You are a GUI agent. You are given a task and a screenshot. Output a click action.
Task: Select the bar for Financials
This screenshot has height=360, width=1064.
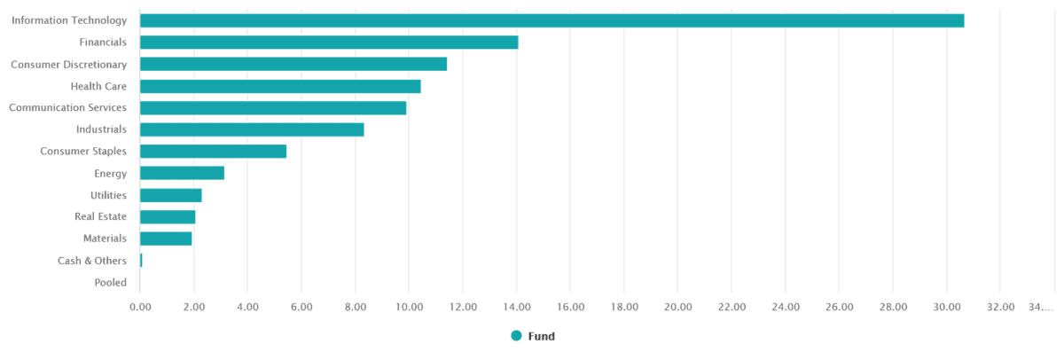[329, 42]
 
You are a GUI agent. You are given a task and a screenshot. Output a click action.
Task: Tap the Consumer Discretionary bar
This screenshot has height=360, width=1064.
[293, 64]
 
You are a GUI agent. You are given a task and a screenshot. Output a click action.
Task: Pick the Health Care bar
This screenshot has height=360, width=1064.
[280, 86]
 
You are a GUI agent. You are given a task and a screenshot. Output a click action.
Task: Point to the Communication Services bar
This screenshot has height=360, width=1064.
[273, 107]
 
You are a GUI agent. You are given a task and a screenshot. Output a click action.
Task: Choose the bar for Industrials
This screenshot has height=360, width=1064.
[252, 129]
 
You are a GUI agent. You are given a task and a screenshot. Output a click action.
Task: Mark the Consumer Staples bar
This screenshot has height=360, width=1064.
[213, 152]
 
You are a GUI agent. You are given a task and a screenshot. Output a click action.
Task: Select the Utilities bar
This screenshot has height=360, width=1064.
[171, 195]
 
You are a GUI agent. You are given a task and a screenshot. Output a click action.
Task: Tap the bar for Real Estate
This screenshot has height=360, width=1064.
[168, 217]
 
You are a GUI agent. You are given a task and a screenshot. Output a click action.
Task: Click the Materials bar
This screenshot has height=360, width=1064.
[166, 239]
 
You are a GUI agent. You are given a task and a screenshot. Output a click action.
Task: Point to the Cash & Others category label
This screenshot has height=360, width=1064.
[92, 261]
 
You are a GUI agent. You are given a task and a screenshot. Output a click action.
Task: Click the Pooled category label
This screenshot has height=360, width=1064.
[110, 283]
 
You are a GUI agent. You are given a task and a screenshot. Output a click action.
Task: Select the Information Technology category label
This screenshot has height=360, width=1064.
[69, 20]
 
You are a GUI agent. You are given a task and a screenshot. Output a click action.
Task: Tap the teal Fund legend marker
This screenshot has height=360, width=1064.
[516, 336]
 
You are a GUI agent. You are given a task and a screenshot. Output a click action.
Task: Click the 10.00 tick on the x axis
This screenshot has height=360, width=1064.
[409, 307]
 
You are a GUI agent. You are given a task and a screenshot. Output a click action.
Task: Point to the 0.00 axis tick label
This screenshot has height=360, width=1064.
[140, 307]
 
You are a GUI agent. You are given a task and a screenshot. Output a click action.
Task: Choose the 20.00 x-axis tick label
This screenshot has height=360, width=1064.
[677, 307]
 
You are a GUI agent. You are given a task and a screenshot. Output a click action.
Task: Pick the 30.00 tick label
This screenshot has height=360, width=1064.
[946, 307]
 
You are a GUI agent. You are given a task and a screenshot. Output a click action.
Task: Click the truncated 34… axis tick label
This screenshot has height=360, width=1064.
[1041, 307]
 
